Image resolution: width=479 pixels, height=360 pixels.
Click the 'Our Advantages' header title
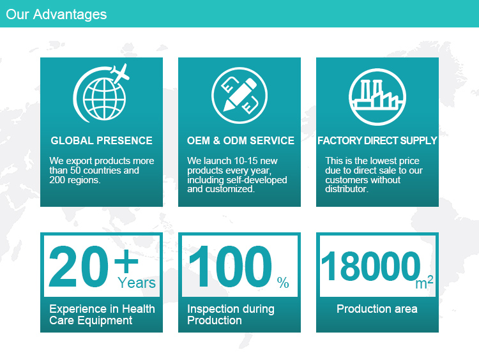pos(56,14)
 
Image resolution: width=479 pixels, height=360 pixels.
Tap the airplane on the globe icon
pos(120,73)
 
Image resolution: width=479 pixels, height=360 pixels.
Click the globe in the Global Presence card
pos(104,99)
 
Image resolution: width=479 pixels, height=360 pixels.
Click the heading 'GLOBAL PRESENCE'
pos(102,140)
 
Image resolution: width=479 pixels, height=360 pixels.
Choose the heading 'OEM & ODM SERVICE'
pos(240,140)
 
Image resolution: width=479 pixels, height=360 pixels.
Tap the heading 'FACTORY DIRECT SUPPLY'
pos(377,140)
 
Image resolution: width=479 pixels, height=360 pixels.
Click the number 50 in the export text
pos(75,170)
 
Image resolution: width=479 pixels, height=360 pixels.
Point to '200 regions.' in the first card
pos(75,180)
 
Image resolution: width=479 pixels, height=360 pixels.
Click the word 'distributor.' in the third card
pos(347,189)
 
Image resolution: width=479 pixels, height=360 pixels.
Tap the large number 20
pos(79,267)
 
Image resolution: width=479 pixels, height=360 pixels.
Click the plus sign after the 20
pos(126,261)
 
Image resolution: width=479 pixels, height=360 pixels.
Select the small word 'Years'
pos(137,282)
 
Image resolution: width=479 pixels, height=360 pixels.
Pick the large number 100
pos(230,267)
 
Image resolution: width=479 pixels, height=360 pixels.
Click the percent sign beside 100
pos(283,282)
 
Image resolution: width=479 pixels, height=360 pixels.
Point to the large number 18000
pos(371,266)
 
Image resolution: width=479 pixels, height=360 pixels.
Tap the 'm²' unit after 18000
pos(424,282)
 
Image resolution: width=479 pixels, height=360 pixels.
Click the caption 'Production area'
pos(377,309)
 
